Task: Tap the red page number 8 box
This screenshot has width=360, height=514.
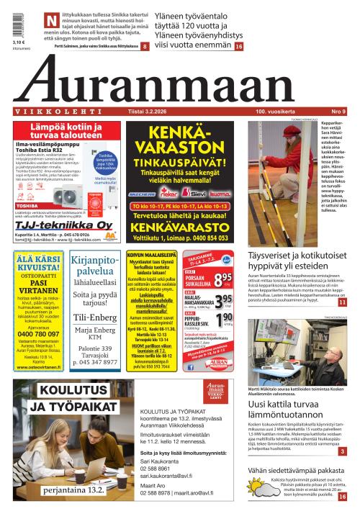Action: point(145,46)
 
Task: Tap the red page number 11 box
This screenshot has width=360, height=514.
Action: point(342,303)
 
